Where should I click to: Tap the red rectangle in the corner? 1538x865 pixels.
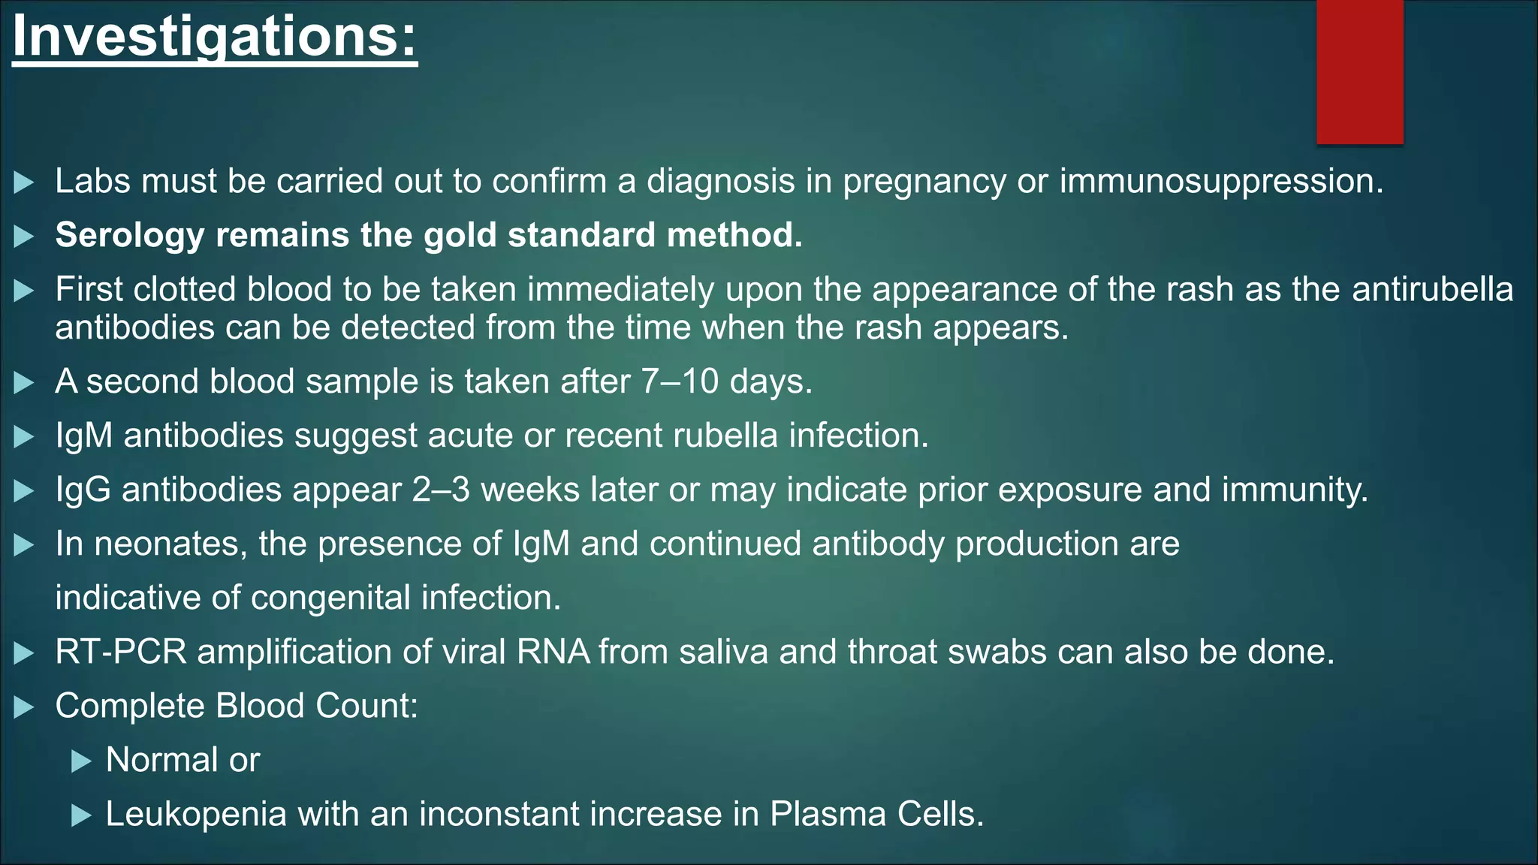1359,71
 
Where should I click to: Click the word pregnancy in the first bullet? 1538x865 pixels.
924,182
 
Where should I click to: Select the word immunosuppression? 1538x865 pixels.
1220,182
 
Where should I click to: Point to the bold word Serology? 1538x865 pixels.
129,236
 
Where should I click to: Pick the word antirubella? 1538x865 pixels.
1432,290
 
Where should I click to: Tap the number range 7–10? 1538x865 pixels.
680,381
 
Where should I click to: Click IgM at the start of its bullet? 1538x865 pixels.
83,436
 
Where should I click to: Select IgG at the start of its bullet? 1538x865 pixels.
83,490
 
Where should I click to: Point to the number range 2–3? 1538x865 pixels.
441,490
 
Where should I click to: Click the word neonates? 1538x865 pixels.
170,544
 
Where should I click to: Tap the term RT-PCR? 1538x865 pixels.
120,652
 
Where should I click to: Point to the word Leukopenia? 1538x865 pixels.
196,815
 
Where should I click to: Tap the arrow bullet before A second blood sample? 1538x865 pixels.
24,383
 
